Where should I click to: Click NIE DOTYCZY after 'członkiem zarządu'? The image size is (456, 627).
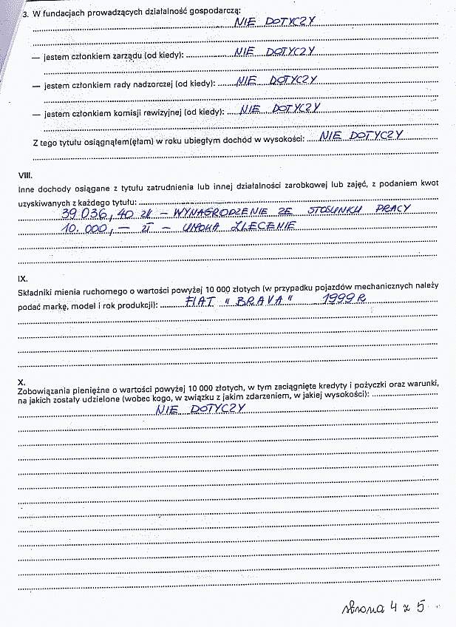point(274,52)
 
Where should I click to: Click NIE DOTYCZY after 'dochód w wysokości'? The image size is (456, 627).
point(357,135)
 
